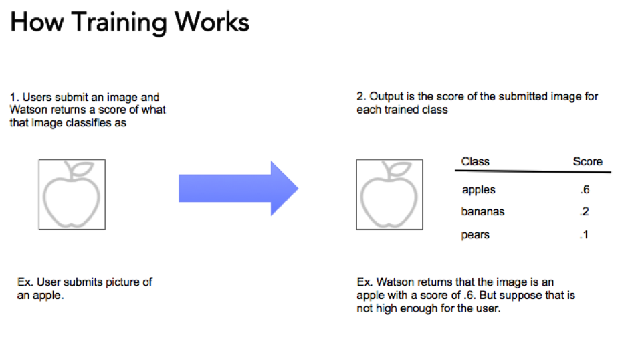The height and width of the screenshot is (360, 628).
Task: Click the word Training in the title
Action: coord(119,23)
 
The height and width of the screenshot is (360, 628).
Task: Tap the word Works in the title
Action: coord(212,21)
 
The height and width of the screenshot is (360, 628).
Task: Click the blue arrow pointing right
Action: coord(238,189)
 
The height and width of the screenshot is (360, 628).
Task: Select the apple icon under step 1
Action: coord(72,195)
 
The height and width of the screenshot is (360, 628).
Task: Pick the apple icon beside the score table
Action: coord(390,195)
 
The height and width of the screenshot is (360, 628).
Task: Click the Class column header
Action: coord(476,161)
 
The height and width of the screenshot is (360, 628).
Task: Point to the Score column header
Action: coord(588,161)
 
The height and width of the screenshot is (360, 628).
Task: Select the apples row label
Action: coord(479,190)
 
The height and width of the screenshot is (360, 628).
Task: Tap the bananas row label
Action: coord(483,211)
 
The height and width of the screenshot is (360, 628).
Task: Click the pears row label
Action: coord(476,235)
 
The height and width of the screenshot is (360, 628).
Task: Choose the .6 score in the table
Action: coord(585,189)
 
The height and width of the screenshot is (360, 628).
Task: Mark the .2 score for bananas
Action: coord(585,211)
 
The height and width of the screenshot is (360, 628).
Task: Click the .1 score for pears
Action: coord(584,234)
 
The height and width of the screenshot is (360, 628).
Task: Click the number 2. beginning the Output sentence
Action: coord(361,96)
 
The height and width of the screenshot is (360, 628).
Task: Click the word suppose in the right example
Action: coord(520,296)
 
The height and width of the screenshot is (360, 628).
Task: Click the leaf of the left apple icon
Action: coord(83,169)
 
